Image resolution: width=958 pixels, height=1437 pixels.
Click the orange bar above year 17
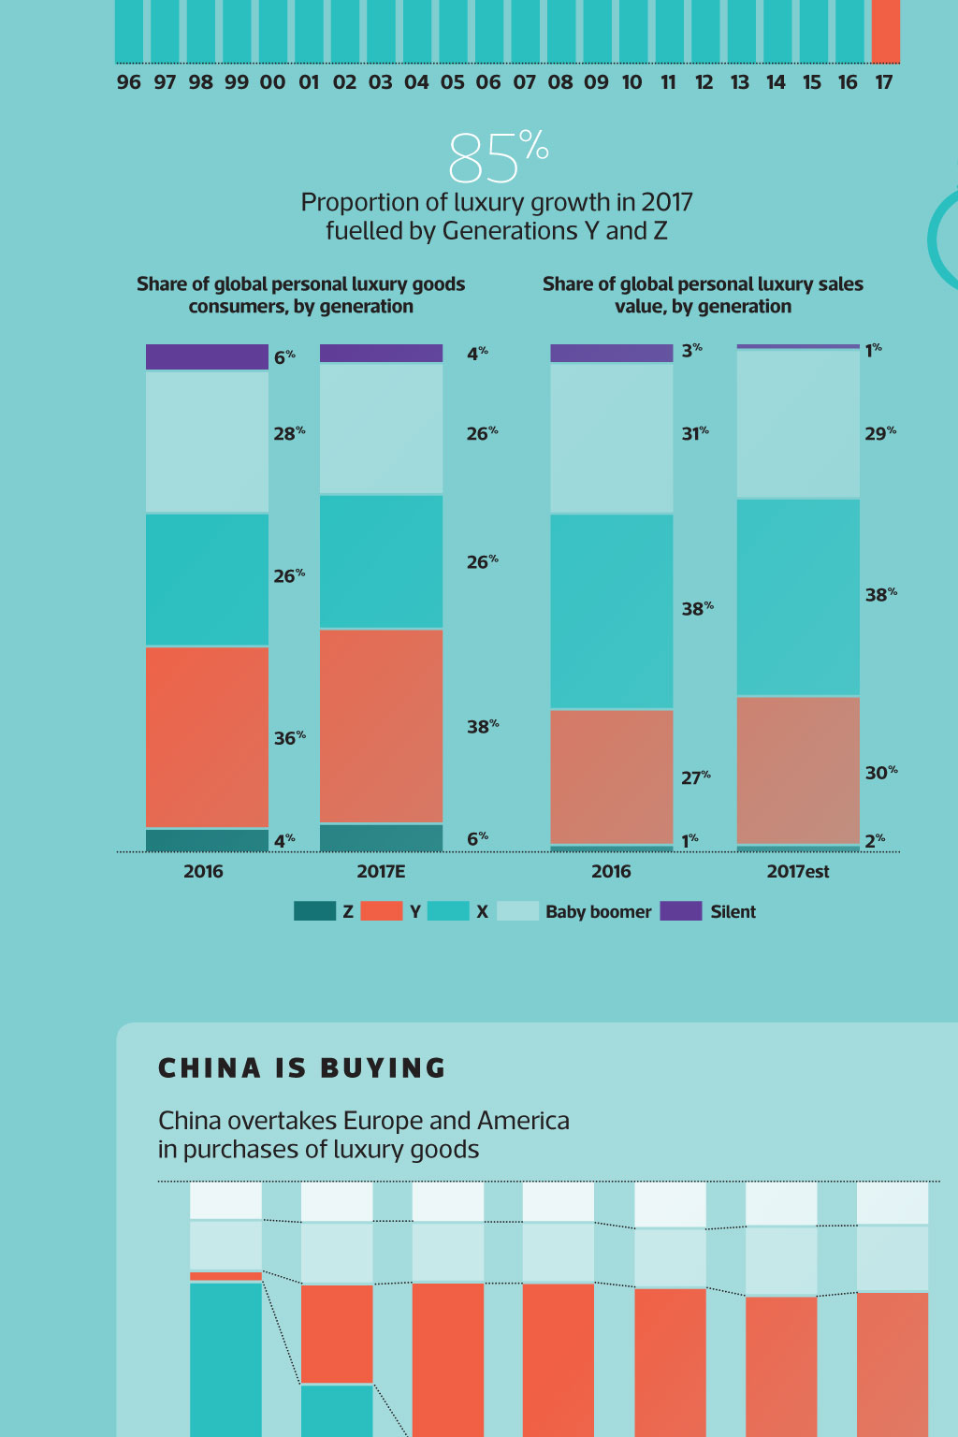coord(885,30)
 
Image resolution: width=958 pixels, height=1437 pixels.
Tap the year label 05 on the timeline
coord(452,82)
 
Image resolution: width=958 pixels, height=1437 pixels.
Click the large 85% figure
coord(498,157)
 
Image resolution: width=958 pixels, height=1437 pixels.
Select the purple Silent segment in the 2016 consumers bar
coord(207,356)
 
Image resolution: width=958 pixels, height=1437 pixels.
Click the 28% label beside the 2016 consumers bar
coord(288,433)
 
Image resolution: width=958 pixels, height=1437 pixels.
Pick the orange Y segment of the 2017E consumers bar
coord(381,725)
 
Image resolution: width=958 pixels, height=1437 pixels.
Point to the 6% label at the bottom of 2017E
coord(477,838)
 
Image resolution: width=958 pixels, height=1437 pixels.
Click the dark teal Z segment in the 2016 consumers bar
coord(207,839)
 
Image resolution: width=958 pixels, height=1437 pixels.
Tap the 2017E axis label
coord(381,871)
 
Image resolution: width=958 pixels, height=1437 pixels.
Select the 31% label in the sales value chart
coord(694,433)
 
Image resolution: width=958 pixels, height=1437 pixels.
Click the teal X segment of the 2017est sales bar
coord(798,597)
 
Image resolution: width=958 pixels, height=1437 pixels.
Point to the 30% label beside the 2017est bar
coord(880,773)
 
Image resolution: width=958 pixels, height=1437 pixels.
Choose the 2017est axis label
coord(798,871)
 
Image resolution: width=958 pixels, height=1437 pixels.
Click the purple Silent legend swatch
coord(680,910)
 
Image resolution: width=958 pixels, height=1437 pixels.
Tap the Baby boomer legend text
coord(598,911)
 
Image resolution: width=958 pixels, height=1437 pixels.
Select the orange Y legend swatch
coord(381,910)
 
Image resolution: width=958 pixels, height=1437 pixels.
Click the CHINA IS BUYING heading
coord(302,1067)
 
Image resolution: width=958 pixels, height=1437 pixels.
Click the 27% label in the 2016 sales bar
coord(695,777)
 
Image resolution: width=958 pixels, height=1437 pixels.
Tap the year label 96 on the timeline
coord(128,82)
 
